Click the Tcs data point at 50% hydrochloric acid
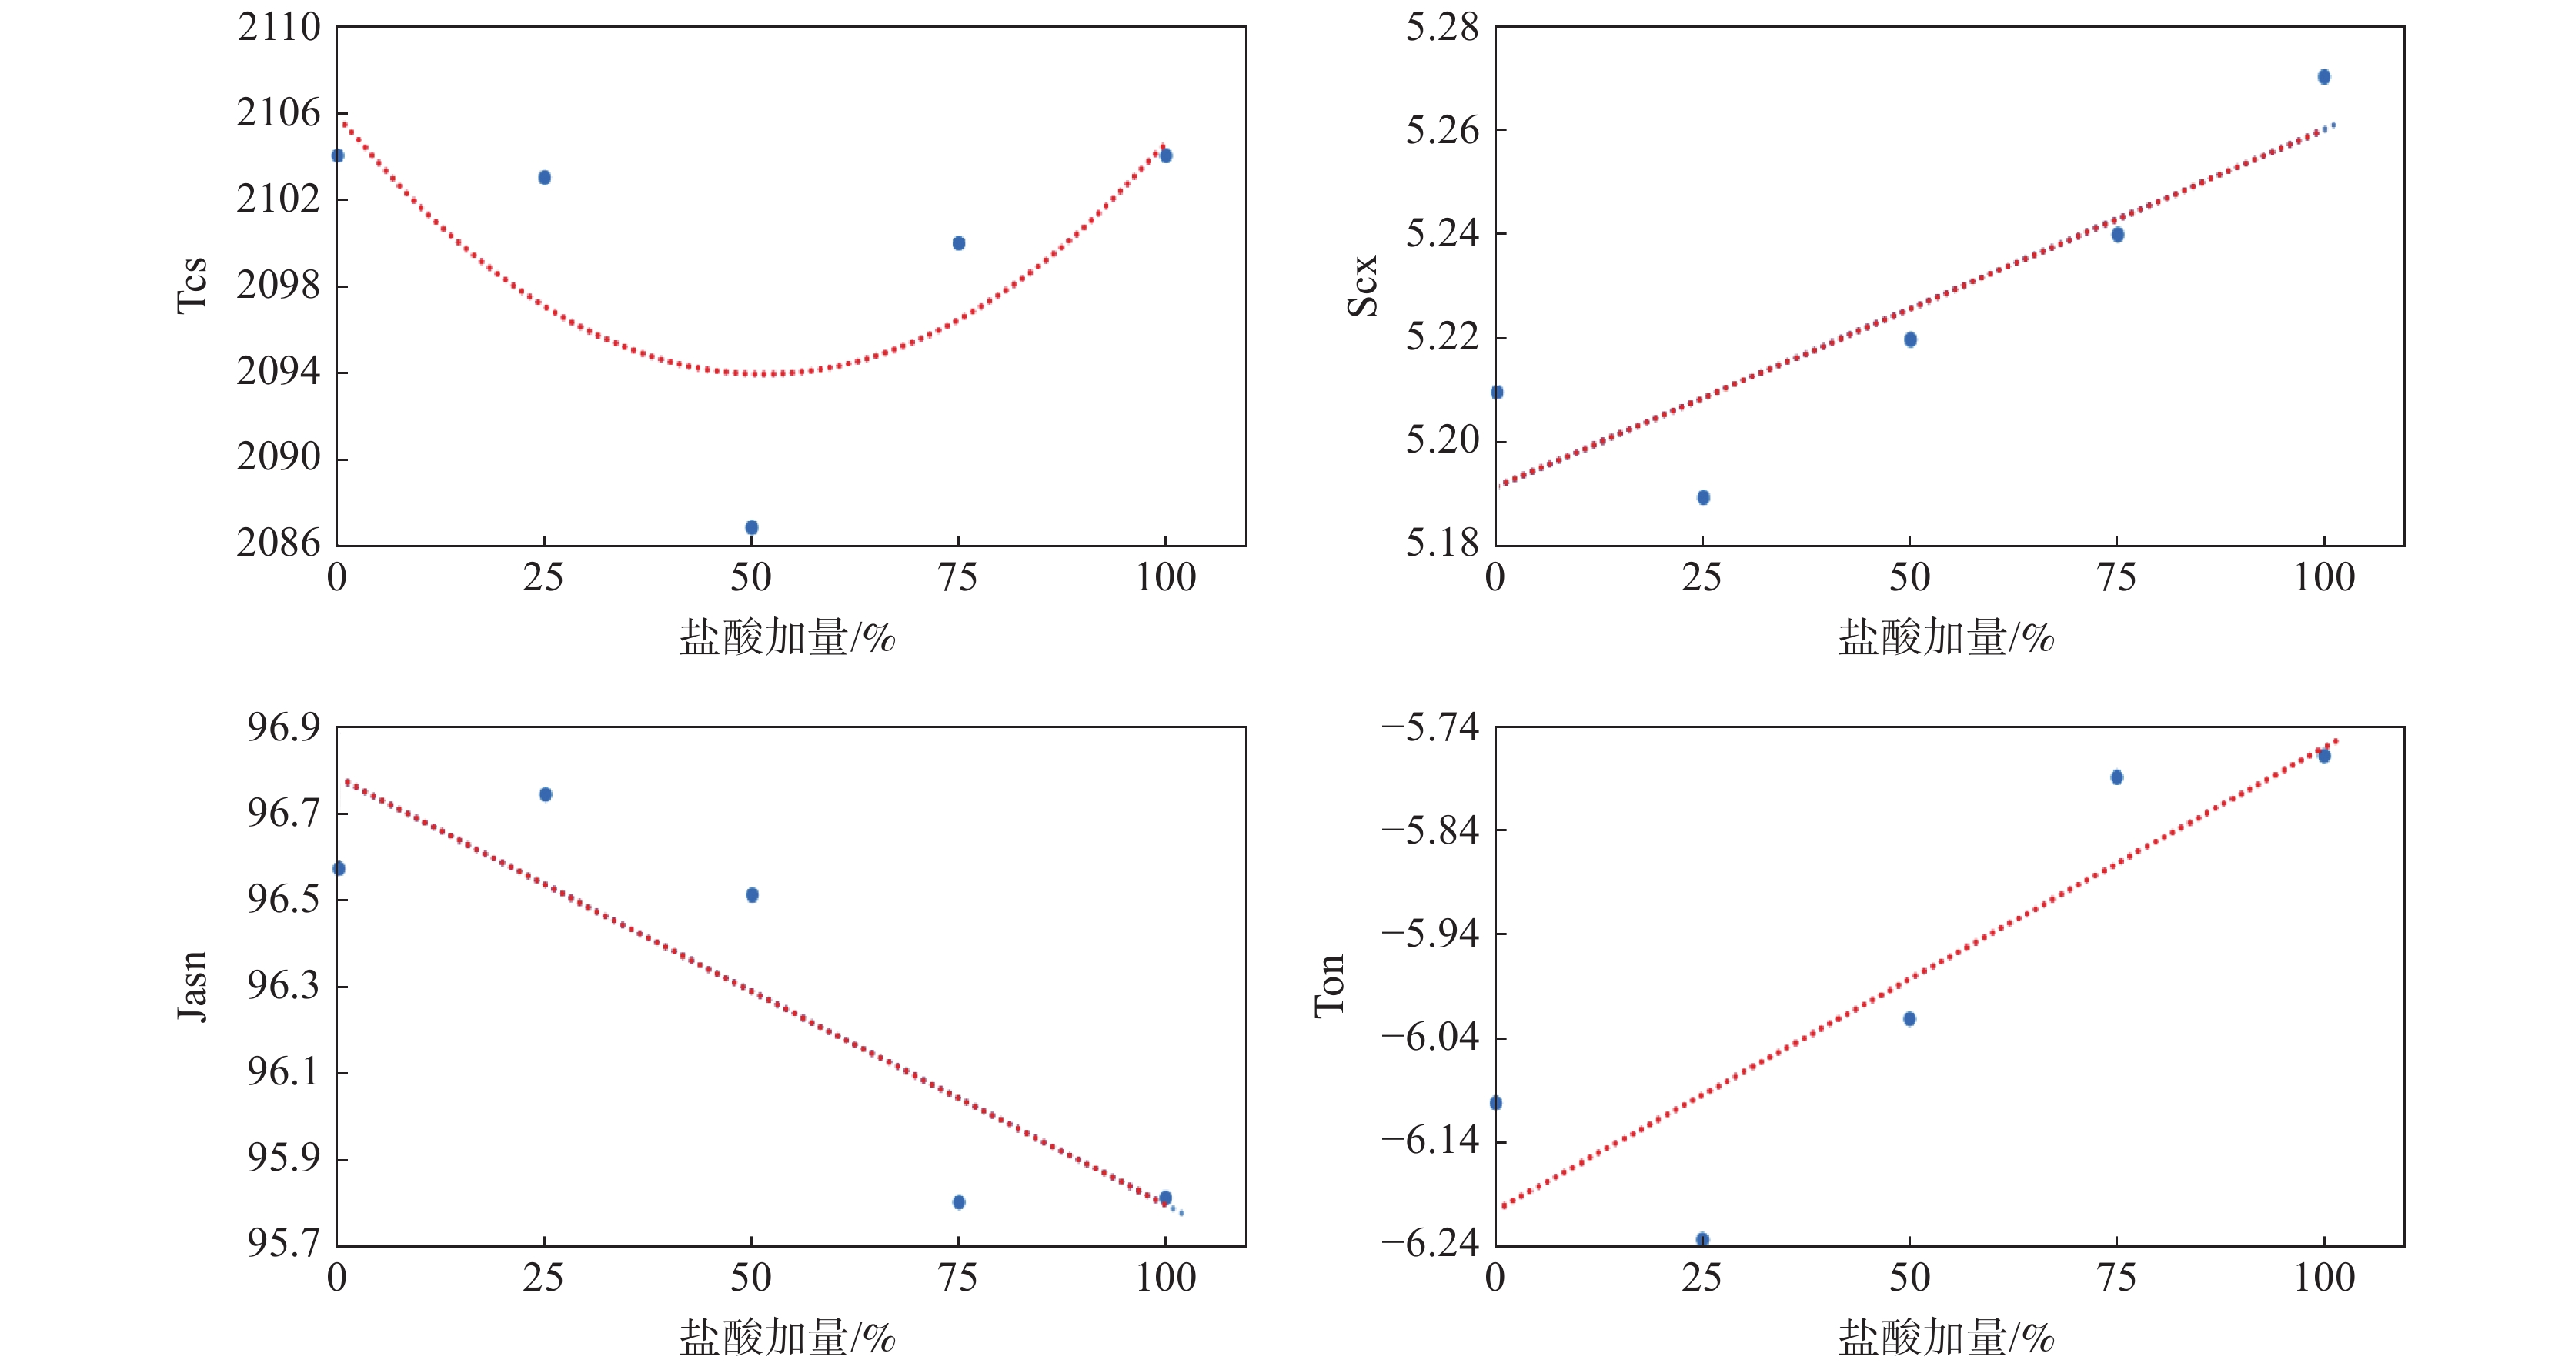[752, 527]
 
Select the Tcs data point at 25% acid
[545, 178]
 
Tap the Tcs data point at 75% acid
[959, 243]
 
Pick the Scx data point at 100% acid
[2324, 77]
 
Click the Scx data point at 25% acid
[1703, 497]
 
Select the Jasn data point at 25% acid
[546, 794]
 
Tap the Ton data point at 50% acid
[1909, 1019]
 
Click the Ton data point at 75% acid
[2117, 777]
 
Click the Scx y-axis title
[1362, 286]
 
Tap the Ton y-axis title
[1330, 986]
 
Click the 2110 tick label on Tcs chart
[279, 27]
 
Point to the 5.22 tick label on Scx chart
[1441, 337]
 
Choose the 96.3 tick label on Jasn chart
[284, 986]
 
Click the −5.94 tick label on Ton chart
[1429, 933]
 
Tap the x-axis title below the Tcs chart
[788, 638]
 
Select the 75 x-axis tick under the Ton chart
[2117, 1278]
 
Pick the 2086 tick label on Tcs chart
[279, 543]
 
